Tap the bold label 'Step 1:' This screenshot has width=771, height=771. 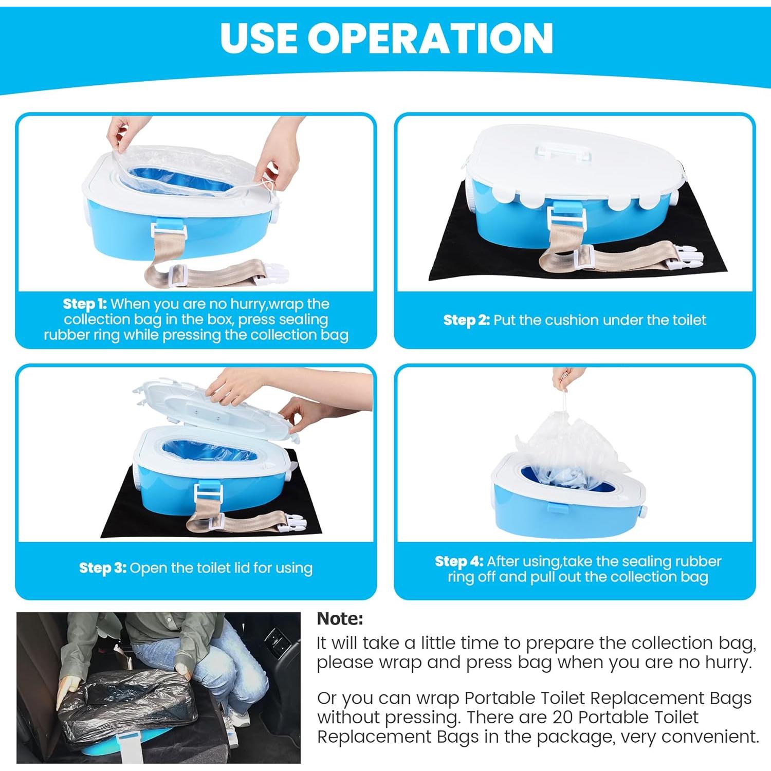point(85,304)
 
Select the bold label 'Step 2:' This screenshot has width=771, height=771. point(466,320)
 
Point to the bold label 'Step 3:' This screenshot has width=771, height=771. point(102,568)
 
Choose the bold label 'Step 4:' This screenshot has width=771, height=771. point(458,561)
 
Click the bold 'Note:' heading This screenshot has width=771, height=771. point(340,618)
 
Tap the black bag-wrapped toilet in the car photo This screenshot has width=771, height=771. point(123,704)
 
